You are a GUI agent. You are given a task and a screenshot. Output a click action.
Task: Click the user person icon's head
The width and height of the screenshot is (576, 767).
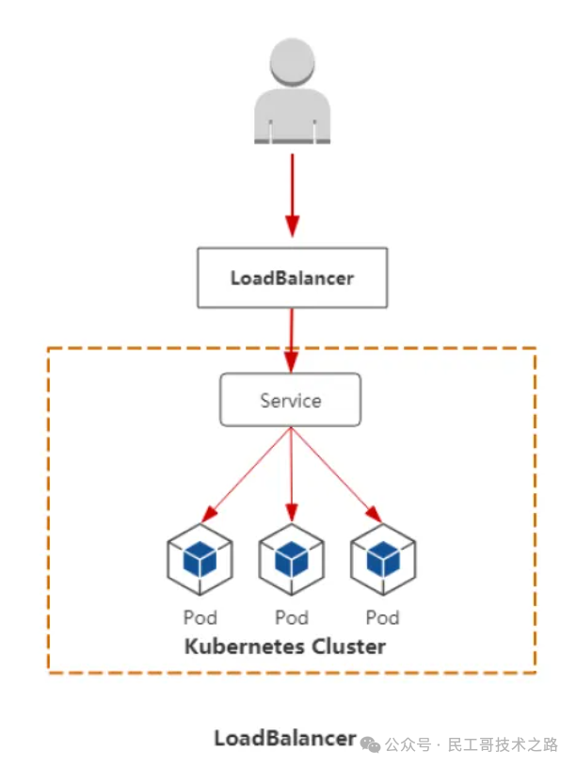pyautogui.click(x=292, y=61)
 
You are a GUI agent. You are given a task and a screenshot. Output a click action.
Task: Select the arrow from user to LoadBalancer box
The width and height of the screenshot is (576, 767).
pyautogui.click(x=292, y=193)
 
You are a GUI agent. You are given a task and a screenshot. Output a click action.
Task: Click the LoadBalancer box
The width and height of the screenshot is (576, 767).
pyautogui.click(x=292, y=278)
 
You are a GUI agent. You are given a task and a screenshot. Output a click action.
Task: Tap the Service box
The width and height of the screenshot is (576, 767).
pyautogui.click(x=291, y=400)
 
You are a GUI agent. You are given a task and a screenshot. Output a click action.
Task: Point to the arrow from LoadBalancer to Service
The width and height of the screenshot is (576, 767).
pyautogui.click(x=292, y=339)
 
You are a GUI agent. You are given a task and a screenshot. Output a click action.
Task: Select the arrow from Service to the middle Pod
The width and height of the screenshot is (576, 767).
pyautogui.click(x=292, y=475)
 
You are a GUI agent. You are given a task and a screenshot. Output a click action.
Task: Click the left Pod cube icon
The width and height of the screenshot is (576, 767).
pyautogui.click(x=200, y=561)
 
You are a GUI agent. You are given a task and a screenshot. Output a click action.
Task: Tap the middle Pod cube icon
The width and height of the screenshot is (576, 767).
pyautogui.click(x=292, y=561)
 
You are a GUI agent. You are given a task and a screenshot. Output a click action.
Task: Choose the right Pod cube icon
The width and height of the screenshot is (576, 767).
pyautogui.click(x=383, y=561)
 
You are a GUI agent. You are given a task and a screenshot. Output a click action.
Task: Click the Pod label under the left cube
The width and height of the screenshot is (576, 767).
pyautogui.click(x=200, y=617)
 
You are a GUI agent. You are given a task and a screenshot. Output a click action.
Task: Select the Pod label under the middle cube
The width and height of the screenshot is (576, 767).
pyautogui.click(x=292, y=617)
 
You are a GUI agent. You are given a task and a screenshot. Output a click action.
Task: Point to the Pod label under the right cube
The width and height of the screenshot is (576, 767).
pyautogui.click(x=383, y=617)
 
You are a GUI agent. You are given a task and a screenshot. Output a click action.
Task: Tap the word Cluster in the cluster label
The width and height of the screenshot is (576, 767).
pyautogui.click(x=349, y=647)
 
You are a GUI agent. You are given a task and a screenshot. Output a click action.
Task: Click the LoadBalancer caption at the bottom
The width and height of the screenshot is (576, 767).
pyautogui.click(x=285, y=738)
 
